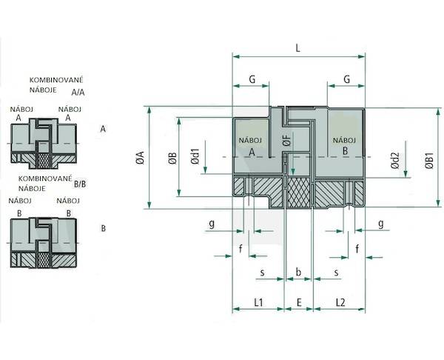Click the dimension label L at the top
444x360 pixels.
point(297,48)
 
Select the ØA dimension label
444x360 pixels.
point(141,158)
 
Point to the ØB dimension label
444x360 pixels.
point(172,159)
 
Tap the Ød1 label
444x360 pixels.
point(195,156)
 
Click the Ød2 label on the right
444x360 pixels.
point(395,161)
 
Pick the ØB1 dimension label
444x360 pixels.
point(429,161)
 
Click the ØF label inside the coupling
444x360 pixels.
point(287,141)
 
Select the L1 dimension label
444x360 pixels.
point(258,302)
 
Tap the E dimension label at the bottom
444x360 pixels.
point(299,302)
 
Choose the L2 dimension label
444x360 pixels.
point(340,302)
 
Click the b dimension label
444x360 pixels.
point(298,272)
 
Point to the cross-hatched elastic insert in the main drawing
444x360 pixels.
point(298,192)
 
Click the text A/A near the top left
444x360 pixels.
point(78,93)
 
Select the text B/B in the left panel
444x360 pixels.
point(80,184)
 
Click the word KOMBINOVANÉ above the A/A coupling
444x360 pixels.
point(56,80)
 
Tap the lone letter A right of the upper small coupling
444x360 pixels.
point(103,130)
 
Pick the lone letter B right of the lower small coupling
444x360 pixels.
point(104,228)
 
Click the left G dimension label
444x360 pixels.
point(252,79)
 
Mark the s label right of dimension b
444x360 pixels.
point(336,273)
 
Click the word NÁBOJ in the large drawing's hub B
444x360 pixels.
point(344,140)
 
